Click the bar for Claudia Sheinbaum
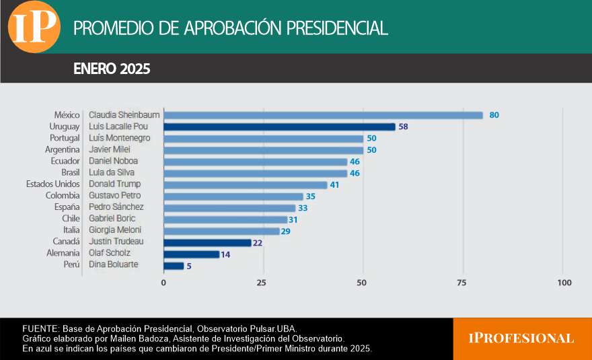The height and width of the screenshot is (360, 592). point(323,115)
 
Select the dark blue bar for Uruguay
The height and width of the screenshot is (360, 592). point(279,127)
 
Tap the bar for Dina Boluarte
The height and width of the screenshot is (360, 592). point(174,266)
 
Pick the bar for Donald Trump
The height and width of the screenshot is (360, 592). point(246,184)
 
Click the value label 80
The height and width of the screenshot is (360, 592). point(494,115)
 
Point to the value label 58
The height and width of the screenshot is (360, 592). point(403,127)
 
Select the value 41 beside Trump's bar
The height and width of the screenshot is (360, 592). point(334,184)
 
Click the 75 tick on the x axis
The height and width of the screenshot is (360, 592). point(462,283)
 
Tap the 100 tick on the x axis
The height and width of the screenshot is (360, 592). point(564,283)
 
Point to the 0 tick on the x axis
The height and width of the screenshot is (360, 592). point(163,283)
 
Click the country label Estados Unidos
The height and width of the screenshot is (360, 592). point(53,184)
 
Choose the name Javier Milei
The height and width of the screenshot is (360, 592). point(110,149)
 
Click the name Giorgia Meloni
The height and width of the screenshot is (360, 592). point(114,230)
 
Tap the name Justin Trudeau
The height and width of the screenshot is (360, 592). point(116,242)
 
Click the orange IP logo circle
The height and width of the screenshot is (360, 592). point(34,27)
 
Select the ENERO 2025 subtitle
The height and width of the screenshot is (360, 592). point(112,69)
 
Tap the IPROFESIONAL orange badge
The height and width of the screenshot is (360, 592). point(521,338)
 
